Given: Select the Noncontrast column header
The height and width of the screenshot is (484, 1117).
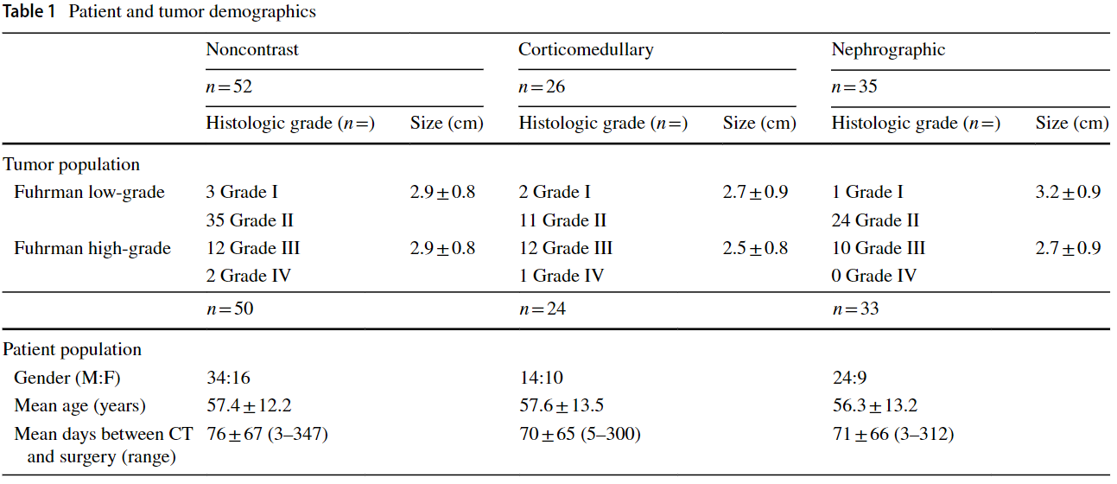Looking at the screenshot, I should (x=252, y=49).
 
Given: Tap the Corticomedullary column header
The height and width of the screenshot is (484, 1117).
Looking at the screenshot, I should (x=586, y=49).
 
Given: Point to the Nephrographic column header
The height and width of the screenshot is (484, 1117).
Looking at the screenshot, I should (x=888, y=49).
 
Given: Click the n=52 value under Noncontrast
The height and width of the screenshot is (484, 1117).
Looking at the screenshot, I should (x=229, y=86).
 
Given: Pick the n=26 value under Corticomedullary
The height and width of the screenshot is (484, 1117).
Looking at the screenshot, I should (x=542, y=86).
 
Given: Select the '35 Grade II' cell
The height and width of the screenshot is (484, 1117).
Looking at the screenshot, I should (x=251, y=220).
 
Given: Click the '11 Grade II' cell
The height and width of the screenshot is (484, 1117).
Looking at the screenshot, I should (x=562, y=220).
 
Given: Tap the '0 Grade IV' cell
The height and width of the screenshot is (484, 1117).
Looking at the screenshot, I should (x=873, y=277).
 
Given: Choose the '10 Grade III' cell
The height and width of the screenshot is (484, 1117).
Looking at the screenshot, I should (x=878, y=249).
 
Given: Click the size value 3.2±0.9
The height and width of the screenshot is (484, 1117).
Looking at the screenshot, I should (x=1068, y=193).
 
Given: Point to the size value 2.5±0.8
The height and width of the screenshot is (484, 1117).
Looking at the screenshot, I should (x=755, y=249).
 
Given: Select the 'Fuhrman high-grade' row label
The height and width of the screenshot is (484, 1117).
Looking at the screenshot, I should (x=92, y=249).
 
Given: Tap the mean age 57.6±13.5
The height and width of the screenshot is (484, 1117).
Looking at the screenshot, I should (x=561, y=405).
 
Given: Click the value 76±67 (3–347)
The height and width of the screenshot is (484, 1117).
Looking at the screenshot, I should (x=267, y=434).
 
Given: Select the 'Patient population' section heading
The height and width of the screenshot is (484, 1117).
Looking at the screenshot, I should (x=73, y=350).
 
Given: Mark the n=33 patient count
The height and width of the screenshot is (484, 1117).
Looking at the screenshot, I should (x=854, y=309).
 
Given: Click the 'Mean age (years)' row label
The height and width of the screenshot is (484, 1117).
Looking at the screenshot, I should (x=80, y=405).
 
